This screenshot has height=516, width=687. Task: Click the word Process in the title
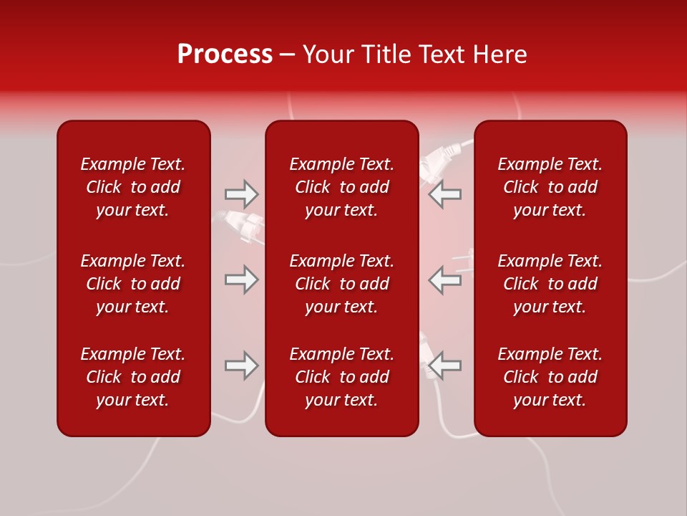(x=225, y=54)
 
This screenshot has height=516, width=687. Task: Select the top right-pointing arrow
(x=241, y=193)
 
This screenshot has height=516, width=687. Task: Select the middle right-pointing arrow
(x=241, y=279)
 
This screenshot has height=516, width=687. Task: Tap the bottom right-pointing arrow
(x=241, y=365)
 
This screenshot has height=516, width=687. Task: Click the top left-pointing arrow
(x=445, y=193)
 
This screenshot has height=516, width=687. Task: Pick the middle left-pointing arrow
(x=445, y=279)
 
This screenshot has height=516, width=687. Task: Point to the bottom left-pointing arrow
(x=445, y=365)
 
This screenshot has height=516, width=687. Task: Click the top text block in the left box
(x=133, y=187)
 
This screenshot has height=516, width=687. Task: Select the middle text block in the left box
(x=133, y=284)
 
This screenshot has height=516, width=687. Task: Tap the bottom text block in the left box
(x=133, y=377)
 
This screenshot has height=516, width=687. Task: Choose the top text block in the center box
(x=341, y=187)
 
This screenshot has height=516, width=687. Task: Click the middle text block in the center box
(x=341, y=284)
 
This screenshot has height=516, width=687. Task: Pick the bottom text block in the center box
(x=341, y=377)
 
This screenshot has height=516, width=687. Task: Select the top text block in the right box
(x=550, y=187)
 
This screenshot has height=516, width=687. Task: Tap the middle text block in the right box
(x=550, y=284)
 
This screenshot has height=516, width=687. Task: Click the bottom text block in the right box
(x=550, y=377)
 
